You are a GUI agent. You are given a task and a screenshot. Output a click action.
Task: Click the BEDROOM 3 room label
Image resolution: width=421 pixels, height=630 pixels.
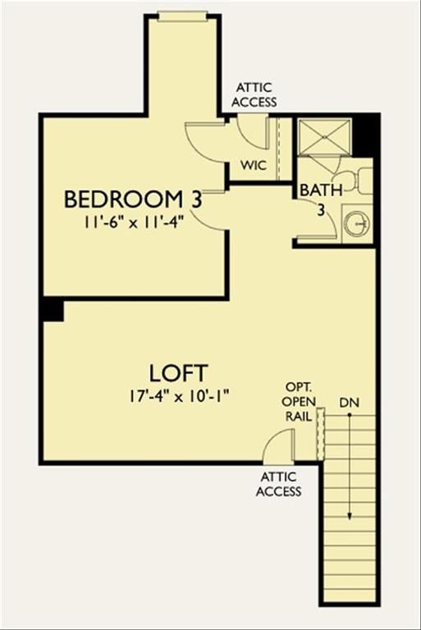click(x=134, y=199)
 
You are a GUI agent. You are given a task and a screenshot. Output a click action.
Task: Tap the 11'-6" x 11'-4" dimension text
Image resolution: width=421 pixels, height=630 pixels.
click(x=134, y=221)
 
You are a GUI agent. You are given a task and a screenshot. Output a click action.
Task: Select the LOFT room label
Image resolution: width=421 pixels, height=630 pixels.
click(x=178, y=372)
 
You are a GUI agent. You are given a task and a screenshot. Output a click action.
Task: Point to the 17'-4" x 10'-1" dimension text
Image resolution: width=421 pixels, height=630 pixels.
click(x=178, y=395)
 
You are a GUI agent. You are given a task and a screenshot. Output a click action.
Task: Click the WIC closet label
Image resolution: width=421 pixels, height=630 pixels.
click(x=253, y=164)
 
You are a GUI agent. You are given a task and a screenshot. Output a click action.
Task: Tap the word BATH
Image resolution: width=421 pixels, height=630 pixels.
click(x=315, y=190)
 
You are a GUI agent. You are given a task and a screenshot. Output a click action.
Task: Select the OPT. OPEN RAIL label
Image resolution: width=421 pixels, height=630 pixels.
click(x=296, y=401)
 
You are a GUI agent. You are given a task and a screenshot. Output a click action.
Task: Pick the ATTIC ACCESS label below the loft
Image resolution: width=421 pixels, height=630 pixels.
click(x=278, y=484)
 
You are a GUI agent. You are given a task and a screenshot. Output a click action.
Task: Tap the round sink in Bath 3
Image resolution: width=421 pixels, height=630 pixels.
click(x=356, y=225)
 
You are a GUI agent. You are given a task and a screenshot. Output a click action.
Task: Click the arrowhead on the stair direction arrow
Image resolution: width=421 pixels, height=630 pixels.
click(x=350, y=516)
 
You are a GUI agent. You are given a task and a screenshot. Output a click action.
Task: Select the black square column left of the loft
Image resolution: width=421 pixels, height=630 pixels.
click(x=52, y=310)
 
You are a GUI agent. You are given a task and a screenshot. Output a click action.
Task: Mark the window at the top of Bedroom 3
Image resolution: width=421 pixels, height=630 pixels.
click(x=182, y=13)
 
